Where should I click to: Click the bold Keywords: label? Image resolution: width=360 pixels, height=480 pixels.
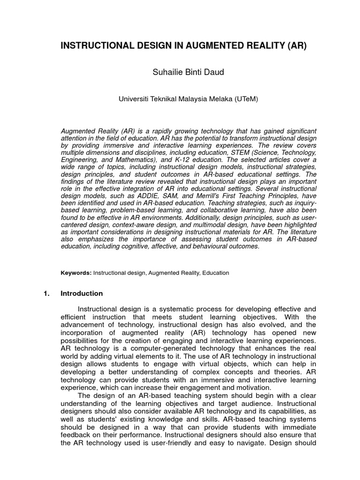76,272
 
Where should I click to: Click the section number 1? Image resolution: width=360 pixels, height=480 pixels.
46,293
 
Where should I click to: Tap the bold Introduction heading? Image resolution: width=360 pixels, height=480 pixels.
82,293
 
